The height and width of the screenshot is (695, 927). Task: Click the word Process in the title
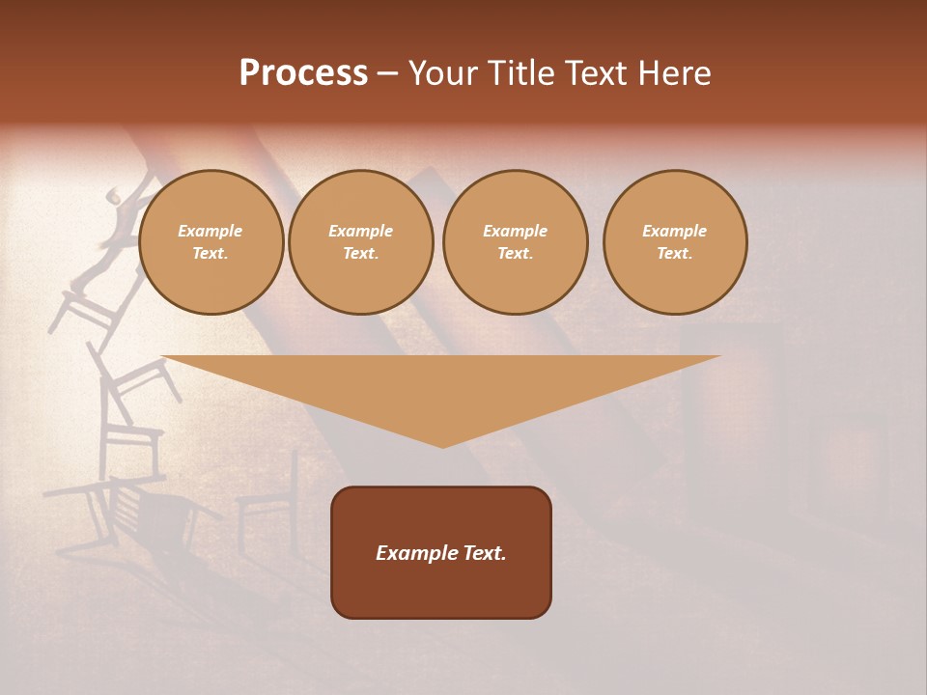[x=303, y=73]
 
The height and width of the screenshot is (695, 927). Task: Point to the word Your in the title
[x=445, y=73]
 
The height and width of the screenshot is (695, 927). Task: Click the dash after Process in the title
[x=387, y=74]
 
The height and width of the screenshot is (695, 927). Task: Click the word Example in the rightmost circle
[x=674, y=231]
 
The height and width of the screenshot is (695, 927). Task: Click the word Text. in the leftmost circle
[x=211, y=254]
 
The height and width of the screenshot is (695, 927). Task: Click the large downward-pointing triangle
[x=441, y=386]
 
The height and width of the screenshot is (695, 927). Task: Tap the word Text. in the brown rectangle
[x=484, y=553]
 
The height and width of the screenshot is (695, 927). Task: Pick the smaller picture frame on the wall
[x=851, y=463]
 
